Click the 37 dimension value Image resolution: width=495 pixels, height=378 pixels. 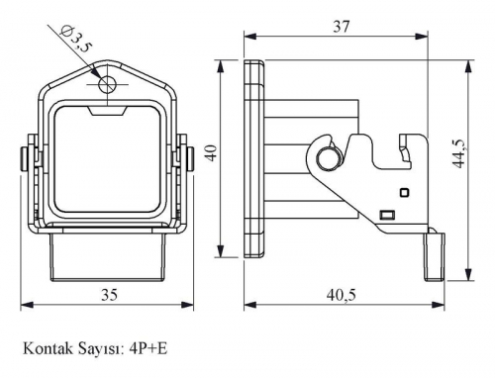coord(342,27)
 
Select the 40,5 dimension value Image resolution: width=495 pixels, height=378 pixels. coord(342,295)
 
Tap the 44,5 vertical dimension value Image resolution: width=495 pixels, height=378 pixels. coord(459,153)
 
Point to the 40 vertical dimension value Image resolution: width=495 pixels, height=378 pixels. coord(213,152)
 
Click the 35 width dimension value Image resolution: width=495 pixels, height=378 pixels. coord(109,295)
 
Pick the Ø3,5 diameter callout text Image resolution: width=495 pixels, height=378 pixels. coord(75,40)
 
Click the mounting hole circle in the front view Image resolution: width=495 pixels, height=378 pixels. coord(107,85)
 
